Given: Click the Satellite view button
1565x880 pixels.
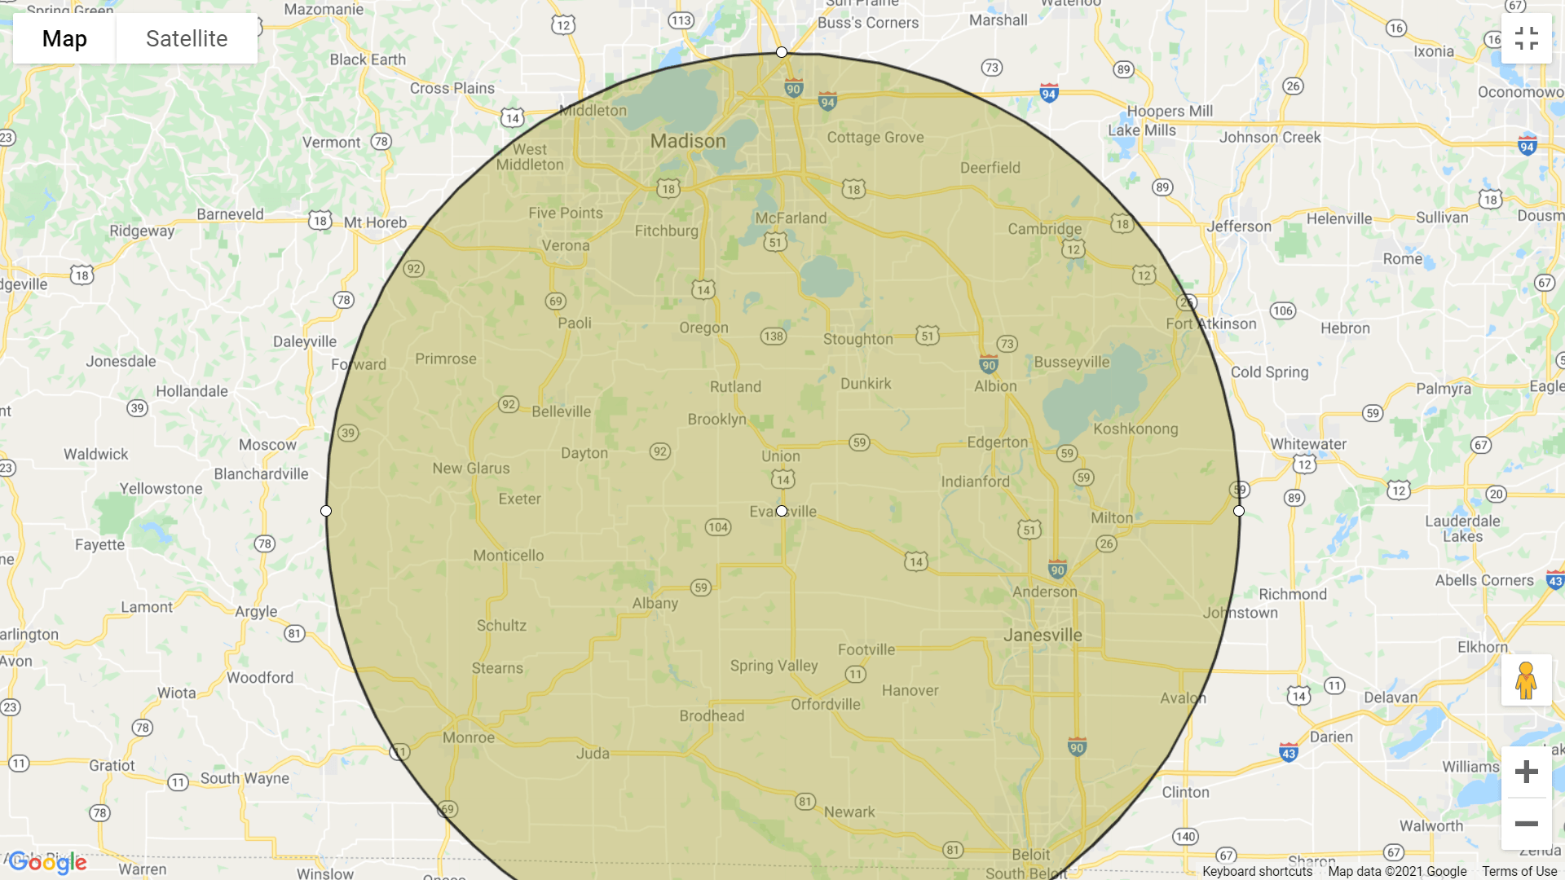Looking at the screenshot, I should coord(187,38).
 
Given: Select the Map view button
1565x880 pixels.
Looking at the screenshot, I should coord(64,38).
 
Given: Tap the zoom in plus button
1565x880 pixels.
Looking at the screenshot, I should coord(1526,772).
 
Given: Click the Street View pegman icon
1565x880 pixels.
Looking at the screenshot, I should coord(1526,680).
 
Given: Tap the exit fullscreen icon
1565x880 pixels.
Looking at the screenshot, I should coord(1526,38).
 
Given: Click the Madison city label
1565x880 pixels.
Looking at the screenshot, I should coord(687,141).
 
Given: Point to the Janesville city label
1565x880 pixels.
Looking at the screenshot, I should coord(1043,635).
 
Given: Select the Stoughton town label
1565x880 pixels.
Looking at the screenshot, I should coord(857,339).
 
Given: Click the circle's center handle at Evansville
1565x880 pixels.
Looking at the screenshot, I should coord(782,511).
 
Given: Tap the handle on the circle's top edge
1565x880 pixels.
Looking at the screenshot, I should coord(782,52).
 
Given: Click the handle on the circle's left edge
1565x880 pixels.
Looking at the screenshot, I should coord(326,511).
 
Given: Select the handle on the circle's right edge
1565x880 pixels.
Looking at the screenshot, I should coord(1239,511).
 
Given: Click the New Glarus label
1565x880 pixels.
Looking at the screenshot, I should coord(470,468).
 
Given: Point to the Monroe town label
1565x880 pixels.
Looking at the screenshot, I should coord(468,737).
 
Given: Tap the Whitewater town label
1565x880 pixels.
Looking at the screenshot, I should coord(1307,443).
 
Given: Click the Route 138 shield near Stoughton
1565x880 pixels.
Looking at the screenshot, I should coord(773,336).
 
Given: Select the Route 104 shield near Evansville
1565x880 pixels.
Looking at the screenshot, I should coord(717,527).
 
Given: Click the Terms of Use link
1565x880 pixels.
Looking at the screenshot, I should coord(1519,871).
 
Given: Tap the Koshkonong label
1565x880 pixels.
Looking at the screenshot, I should coord(1135,429).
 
